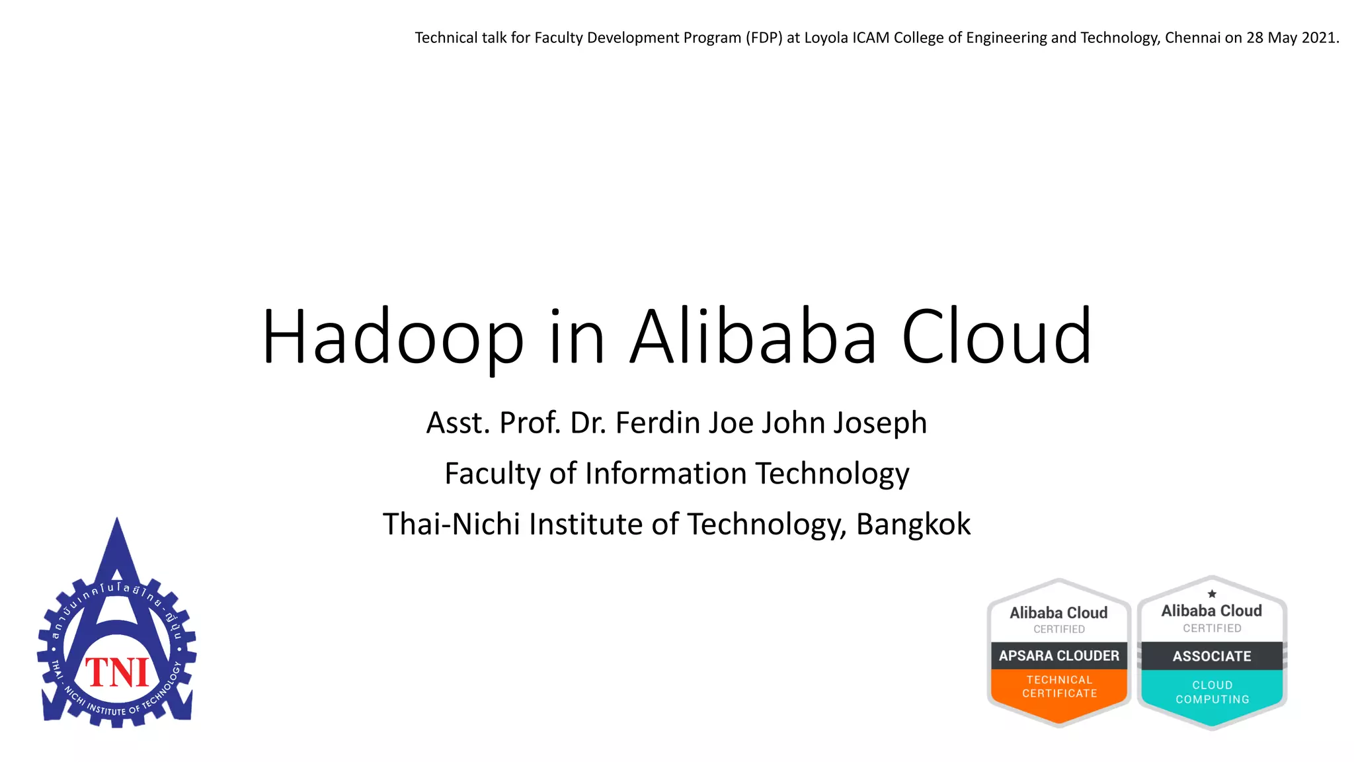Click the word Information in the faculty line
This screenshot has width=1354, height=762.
pos(666,474)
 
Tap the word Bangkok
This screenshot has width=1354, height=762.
pos(913,525)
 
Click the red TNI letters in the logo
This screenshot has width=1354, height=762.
pos(118,673)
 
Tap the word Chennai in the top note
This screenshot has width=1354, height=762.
pos(1193,38)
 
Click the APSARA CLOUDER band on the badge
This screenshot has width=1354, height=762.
pos(1059,656)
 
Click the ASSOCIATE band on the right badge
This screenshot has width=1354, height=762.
pos(1212,656)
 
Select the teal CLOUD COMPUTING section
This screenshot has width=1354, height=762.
pos(1212,693)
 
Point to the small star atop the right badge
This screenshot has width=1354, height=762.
pos(1212,593)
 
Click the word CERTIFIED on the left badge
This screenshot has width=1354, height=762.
pos(1059,629)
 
